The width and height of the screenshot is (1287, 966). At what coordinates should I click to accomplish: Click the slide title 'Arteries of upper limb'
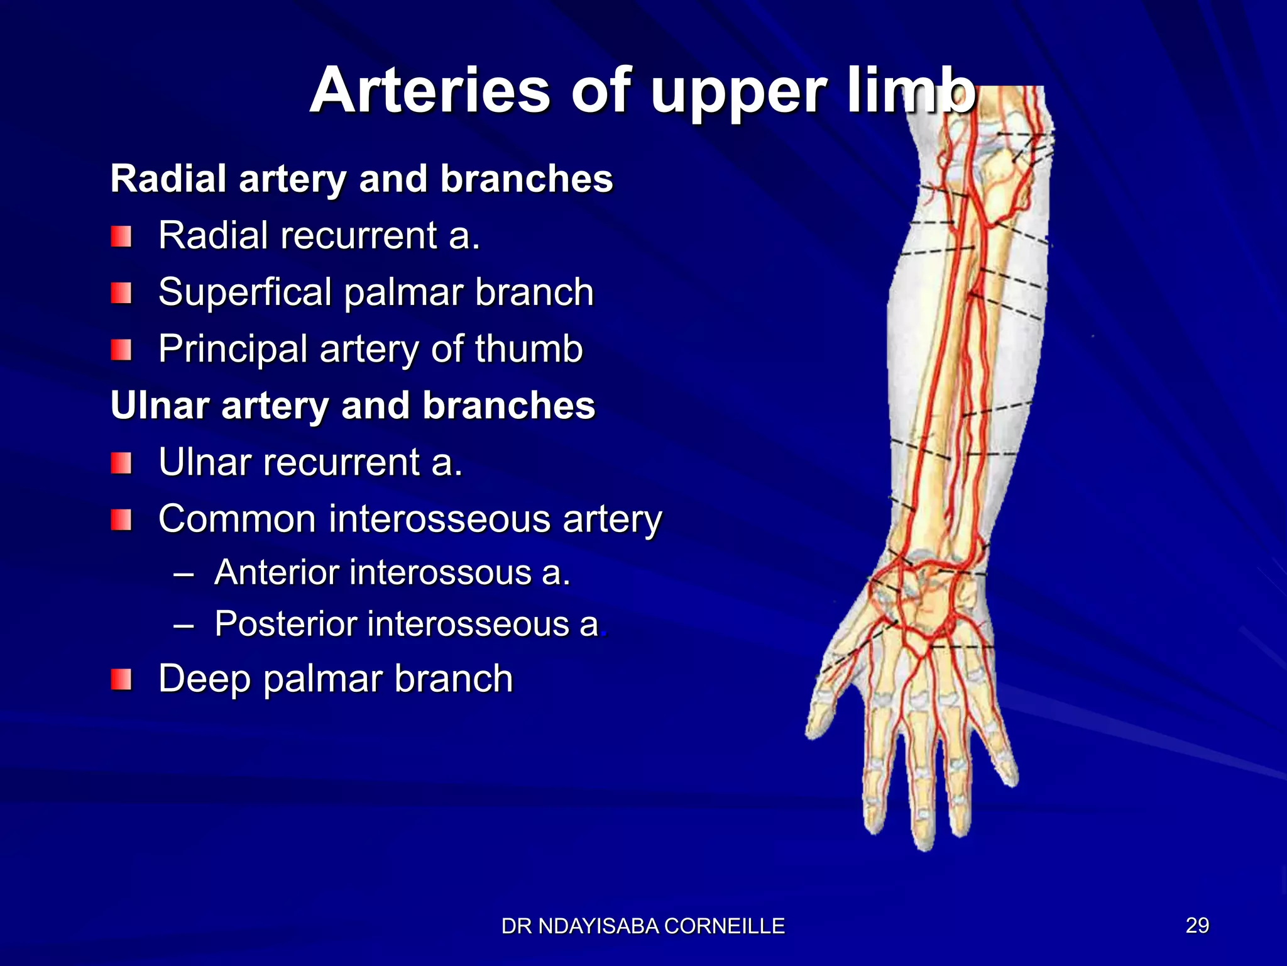click(x=642, y=91)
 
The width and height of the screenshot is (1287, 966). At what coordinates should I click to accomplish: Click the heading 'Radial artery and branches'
click(x=361, y=179)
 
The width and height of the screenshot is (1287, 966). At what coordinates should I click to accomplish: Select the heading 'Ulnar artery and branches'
click(x=353, y=405)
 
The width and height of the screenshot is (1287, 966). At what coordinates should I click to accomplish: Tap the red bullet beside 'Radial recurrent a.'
click(x=121, y=237)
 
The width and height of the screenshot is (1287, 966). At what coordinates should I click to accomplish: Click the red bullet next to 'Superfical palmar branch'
click(x=121, y=293)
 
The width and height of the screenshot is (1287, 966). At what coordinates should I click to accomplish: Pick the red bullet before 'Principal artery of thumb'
click(x=121, y=350)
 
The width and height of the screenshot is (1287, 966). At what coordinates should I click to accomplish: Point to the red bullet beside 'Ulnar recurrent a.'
click(x=121, y=464)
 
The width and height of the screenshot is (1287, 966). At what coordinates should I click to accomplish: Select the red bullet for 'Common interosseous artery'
click(x=121, y=520)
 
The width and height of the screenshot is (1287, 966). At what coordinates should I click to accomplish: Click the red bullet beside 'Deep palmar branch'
click(x=121, y=680)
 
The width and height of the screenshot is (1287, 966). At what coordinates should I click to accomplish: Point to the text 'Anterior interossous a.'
click(x=392, y=573)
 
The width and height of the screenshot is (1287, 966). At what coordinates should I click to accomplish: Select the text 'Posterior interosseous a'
click(x=407, y=624)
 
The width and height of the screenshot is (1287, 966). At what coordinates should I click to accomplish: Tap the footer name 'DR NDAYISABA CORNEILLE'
click(x=643, y=926)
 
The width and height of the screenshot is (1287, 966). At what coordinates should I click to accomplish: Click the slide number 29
click(x=1197, y=925)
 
